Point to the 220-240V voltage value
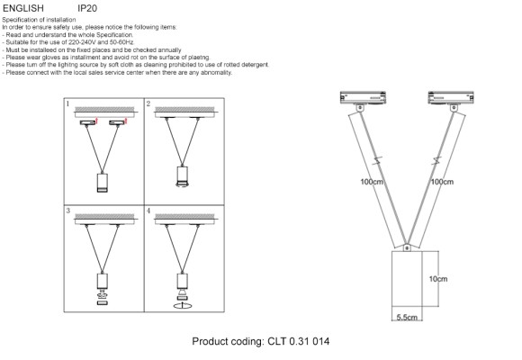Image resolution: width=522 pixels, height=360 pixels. tap(82, 42)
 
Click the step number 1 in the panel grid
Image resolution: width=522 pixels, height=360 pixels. tap(68, 105)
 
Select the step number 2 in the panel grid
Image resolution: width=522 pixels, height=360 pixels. tap(148, 105)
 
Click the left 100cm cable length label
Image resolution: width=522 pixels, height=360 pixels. tap(371, 181)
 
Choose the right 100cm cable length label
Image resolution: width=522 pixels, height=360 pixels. tap(442, 181)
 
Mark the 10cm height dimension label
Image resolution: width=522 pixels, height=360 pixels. tap(437, 279)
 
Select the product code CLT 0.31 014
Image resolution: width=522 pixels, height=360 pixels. tap(260, 343)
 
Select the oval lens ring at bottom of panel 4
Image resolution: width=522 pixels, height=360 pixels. tap(183, 306)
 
